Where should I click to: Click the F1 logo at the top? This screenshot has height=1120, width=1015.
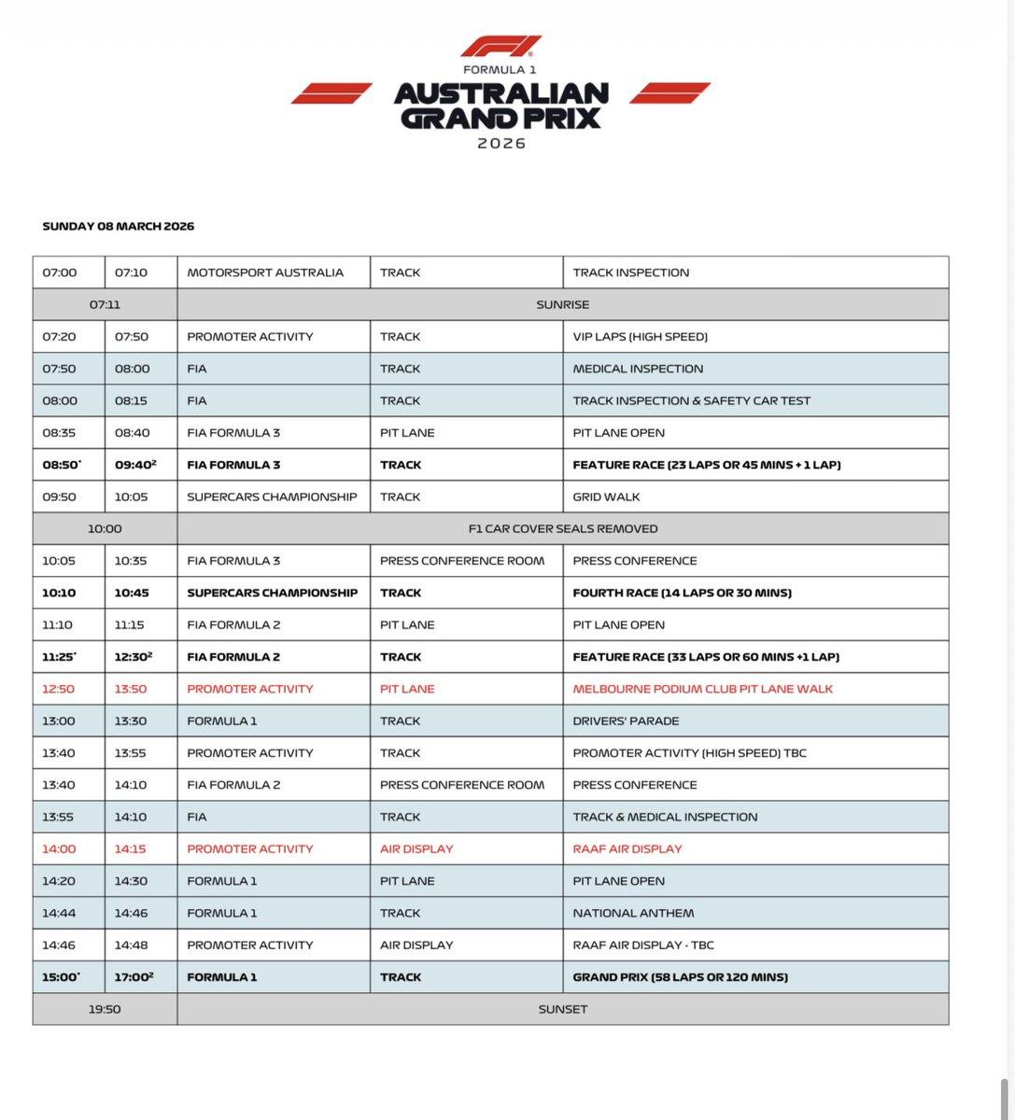click(500, 48)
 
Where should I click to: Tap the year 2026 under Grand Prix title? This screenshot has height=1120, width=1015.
click(501, 144)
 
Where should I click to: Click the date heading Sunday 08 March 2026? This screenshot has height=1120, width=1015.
click(119, 227)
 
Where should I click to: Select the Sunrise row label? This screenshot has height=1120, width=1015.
click(562, 304)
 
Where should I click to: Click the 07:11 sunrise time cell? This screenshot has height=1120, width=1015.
click(105, 304)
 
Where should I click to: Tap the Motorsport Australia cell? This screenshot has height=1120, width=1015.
click(265, 273)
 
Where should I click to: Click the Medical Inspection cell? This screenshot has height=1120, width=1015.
click(638, 369)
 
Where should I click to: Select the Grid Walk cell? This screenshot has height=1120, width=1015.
click(606, 497)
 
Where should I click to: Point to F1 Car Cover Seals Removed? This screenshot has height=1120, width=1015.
click(562, 528)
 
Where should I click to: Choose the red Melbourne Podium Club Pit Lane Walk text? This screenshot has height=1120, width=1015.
click(702, 689)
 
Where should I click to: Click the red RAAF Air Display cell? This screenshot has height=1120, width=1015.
click(627, 848)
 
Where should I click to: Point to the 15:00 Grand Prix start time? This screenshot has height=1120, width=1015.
click(61, 977)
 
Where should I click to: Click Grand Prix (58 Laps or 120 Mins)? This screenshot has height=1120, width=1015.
click(681, 977)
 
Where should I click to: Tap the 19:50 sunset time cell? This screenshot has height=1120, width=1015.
click(105, 1009)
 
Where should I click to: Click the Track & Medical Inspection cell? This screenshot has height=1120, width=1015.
click(665, 817)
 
